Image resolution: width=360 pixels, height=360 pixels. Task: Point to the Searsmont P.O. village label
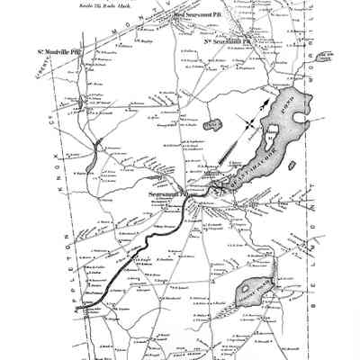(x=170, y=193)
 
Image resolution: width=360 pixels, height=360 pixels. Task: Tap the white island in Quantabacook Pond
(x=268, y=141)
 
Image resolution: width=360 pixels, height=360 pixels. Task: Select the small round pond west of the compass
(x=214, y=122)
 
